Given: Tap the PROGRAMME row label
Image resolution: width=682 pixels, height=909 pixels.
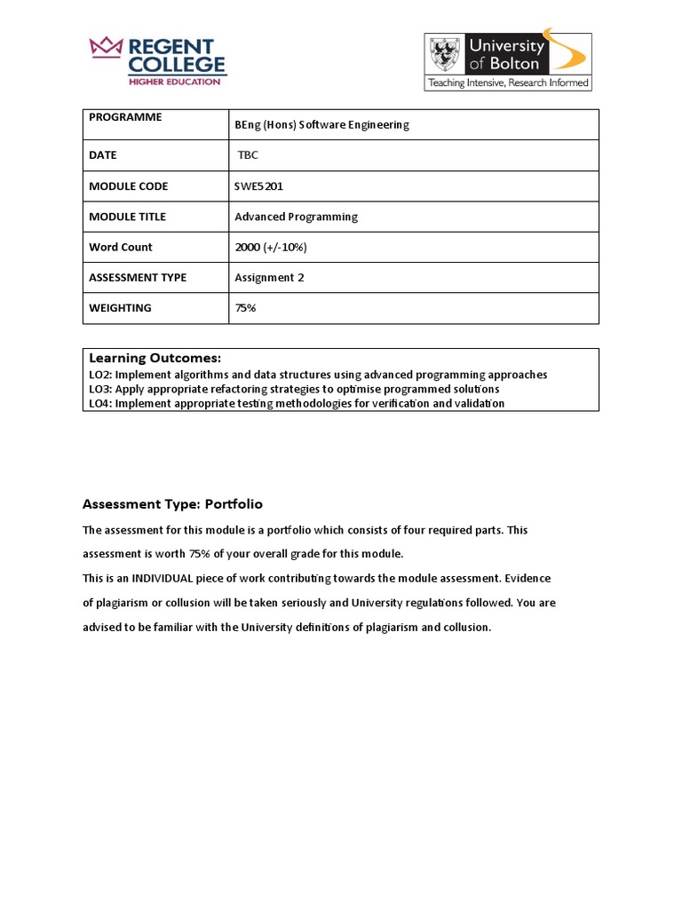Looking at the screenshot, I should click(x=125, y=117).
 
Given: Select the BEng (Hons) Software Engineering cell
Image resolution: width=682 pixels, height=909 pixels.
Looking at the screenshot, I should click(x=321, y=125).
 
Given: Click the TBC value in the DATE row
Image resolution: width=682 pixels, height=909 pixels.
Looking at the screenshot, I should click(x=248, y=155).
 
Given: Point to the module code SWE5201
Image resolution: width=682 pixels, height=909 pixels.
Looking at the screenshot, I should click(x=259, y=186).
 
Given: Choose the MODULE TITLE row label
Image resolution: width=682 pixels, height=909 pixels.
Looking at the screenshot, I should click(x=127, y=217).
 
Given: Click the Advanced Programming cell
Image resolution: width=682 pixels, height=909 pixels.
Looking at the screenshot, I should click(x=296, y=217).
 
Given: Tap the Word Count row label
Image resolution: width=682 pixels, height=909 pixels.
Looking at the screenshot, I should click(x=120, y=248).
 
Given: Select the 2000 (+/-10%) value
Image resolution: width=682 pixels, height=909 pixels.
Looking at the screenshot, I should click(x=271, y=248).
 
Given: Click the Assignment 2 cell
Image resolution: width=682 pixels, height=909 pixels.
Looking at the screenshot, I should click(x=269, y=278).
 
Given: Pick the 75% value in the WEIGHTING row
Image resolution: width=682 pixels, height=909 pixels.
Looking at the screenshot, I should click(x=245, y=308).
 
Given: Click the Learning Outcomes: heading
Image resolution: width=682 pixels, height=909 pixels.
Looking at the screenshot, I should click(x=155, y=358).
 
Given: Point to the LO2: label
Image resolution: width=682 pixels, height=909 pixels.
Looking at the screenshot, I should click(x=100, y=375).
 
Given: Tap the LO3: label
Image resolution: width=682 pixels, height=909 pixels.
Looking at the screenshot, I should click(x=100, y=389).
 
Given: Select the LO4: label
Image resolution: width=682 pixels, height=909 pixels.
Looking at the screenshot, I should click(x=100, y=403).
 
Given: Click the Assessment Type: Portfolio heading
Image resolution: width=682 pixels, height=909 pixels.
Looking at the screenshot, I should click(x=172, y=504).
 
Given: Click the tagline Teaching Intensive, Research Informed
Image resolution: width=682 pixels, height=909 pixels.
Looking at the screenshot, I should click(x=508, y=83).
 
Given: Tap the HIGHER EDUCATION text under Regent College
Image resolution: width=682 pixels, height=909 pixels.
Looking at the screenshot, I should click(x=174, y=82).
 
